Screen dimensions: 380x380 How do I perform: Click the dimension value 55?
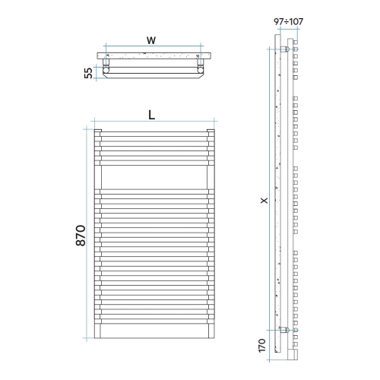click(89, 72)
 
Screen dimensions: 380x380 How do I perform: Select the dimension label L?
click(152, 115)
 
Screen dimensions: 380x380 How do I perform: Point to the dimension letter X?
click(264, 201)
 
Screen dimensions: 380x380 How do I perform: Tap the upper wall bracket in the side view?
click(284, 51)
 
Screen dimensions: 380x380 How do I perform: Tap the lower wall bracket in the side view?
click(283, 331)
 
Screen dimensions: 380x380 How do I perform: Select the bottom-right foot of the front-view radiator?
click(212, 335)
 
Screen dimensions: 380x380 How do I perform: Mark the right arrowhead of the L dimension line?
click(216, 122)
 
